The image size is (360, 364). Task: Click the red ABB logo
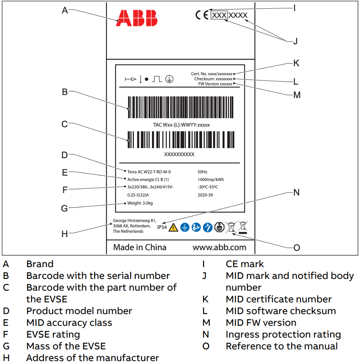tap(136, 18)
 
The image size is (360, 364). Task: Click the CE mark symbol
tap(202, 15)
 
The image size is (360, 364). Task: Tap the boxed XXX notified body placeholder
tap(220, 15)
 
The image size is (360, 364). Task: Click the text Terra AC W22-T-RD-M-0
tap(149, 172)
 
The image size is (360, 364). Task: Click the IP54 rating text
tap(162, 227)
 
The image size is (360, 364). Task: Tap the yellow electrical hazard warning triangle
tap(173, 227)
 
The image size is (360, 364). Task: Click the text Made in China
tap(140, 247)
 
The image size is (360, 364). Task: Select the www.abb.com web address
tap(219, 247)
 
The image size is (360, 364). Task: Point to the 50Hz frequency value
tap(202, 172)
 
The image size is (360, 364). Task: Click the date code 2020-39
tap(205, 195)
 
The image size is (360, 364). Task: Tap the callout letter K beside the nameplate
tap(296, 63)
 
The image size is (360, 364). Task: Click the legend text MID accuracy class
tap(69, 323)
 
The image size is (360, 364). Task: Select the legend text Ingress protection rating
tap(283, 334)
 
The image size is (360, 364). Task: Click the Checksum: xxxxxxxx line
tap(213, 79)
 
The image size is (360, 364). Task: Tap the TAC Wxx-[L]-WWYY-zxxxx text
tap(181, 125)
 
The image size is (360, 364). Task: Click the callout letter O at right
tap(297, 247)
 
